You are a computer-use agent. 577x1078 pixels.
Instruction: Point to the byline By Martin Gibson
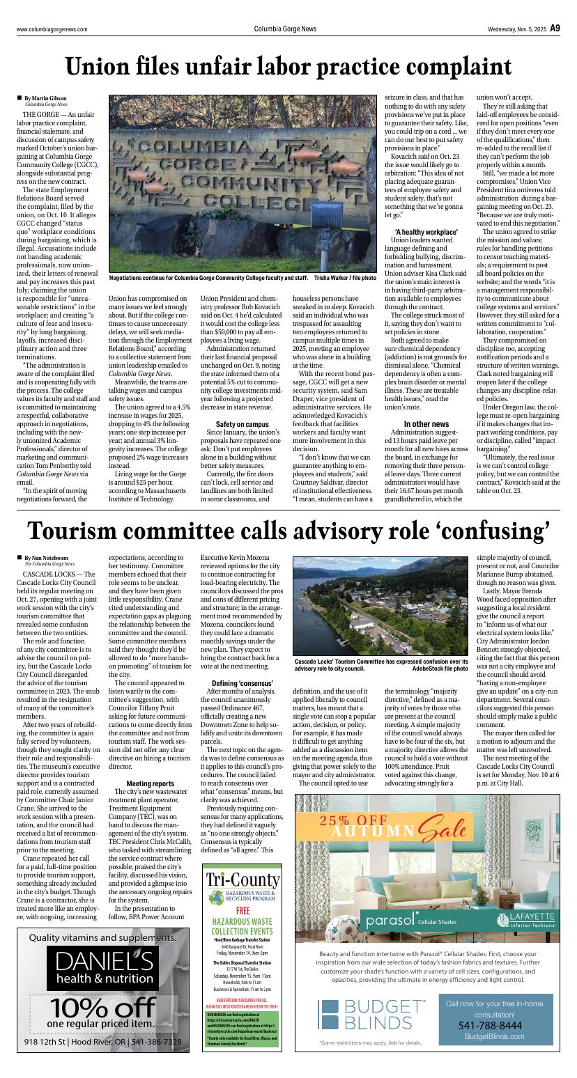[x=46, y=98]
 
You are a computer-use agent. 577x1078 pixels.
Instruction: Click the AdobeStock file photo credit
[x=440, y=668]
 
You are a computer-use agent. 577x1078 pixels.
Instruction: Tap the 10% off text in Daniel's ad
[x=102, y=1008]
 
